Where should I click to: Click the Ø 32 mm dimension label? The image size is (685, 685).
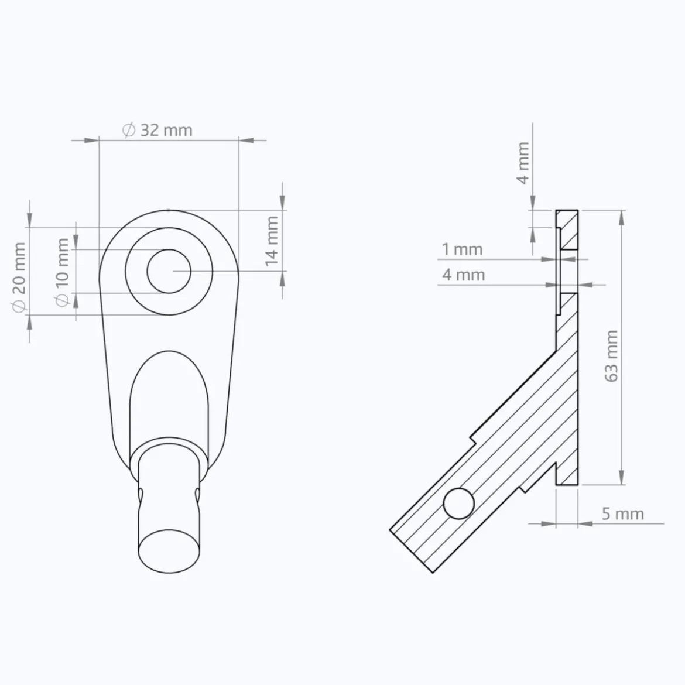157,130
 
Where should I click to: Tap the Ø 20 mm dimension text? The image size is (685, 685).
19,278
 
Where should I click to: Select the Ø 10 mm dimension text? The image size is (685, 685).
62,272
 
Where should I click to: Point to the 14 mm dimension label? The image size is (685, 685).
272,241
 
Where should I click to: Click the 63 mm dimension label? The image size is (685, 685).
612,356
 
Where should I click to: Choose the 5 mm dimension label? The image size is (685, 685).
623,514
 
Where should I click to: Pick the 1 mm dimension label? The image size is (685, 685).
462,249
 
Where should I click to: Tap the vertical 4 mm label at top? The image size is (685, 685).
523,163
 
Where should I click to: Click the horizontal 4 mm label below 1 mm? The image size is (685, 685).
464,275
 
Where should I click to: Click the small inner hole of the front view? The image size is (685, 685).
169,271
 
